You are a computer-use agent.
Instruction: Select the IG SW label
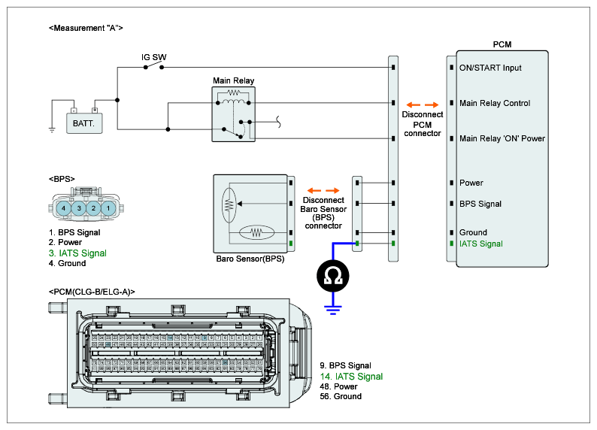[x=154, y=57]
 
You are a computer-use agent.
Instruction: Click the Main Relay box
[x=234, y=114]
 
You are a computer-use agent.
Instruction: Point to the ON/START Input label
[x=490, y=68]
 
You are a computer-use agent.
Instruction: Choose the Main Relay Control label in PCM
[x=495, y=103]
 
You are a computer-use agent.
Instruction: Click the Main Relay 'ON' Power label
[x=502, y=138]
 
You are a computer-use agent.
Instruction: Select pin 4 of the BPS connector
[x=65, y=207]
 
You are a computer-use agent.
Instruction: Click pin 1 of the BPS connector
[x=108, y=207]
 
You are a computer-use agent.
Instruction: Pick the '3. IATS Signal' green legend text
[x=77, y=253]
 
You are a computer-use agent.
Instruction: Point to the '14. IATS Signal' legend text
[x=351, y=377]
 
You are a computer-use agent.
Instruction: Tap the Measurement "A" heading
[x=85, y=28]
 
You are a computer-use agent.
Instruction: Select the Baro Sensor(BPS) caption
[x=250, y=258]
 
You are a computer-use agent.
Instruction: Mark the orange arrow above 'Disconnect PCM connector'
[x=421, y=104]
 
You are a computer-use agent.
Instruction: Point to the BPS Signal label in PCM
[x=480, y=204]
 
